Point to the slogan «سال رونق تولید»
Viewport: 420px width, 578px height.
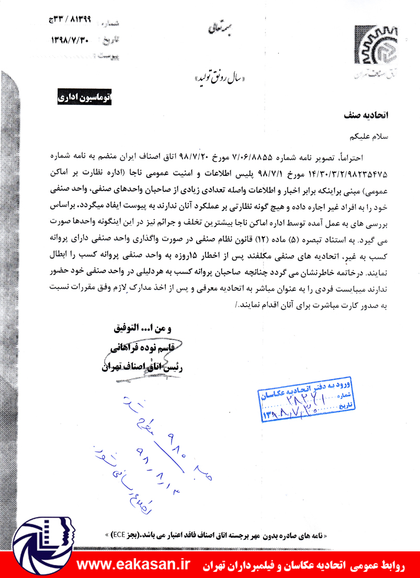tap(220, 80)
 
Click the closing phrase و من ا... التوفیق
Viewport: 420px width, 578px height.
tap(142, 330)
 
